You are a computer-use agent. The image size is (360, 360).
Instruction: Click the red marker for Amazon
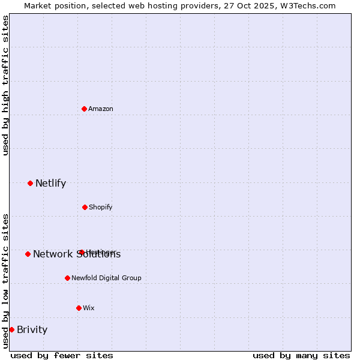(84, 109)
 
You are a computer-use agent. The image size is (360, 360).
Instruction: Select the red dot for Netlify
(30, 183)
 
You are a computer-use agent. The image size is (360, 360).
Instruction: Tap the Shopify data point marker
(85, 207)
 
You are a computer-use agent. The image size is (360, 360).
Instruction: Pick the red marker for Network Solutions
(28, 254)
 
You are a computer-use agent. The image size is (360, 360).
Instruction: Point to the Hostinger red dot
(81, 252)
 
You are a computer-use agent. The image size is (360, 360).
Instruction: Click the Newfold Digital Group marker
(67, 278)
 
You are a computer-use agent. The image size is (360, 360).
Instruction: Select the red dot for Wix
(79, 308)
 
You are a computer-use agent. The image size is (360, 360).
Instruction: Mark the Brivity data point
(11, 329)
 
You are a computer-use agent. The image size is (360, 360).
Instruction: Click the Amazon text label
(101, 109)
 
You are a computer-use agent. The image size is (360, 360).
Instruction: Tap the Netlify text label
(50, 183)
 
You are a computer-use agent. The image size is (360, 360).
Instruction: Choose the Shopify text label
(100, 207)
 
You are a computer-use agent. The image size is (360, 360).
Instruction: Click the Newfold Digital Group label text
(106, 278)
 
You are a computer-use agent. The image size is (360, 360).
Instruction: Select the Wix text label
(89, 308)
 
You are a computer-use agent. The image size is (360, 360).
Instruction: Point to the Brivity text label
(32, 329)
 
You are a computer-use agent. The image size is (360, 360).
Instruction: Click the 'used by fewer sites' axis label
(62, 355)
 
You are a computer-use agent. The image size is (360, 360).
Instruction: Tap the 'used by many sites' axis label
(301, 355)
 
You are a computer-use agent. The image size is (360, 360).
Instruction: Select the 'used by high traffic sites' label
(5, 85)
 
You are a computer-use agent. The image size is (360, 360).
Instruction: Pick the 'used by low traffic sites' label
(5, 280)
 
